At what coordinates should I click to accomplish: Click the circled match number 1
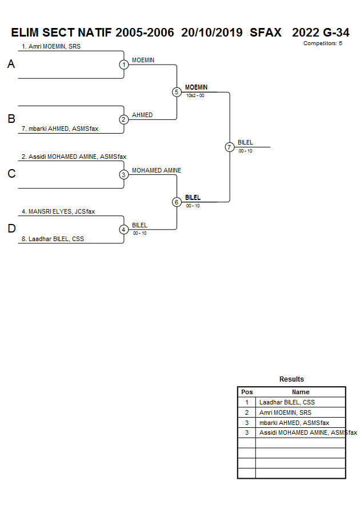point(123,65)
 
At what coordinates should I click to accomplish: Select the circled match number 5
point(177,92)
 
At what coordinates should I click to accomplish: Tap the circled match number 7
point(230,147)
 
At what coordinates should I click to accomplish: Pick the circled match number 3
point(123,175)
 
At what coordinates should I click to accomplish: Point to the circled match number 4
point(123,230)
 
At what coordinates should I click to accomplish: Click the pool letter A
point(11,65)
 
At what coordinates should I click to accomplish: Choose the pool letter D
point(11,229)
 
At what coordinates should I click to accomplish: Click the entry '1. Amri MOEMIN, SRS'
point(51,46)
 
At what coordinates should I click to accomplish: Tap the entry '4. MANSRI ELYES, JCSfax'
point(58,211)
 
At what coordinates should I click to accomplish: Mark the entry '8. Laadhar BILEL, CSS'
point(53,239)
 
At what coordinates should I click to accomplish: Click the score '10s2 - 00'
point(195,95)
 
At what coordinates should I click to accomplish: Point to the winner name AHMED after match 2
point(142,115)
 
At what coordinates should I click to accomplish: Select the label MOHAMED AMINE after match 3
point(157,170)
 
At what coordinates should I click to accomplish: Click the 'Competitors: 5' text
point(323,43)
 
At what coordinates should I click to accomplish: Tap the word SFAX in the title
point(266,33)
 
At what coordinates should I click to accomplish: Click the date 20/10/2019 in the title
point(212,33)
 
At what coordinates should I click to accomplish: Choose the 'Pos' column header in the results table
point(247,392)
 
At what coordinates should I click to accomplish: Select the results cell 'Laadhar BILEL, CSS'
point(287,402)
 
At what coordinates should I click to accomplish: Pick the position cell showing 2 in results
point(247,412)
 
